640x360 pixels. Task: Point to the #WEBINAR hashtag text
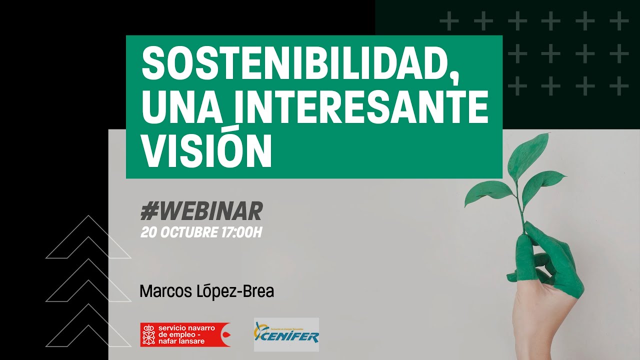201,212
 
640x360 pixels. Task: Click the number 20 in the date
148,232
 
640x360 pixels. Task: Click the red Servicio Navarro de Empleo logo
185,334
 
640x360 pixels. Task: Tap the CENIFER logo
286,334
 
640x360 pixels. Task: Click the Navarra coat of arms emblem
148,334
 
